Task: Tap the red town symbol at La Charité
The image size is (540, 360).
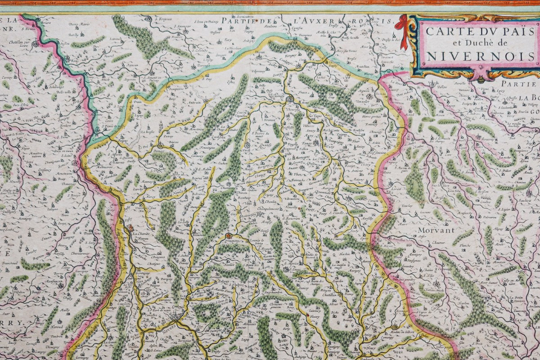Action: click(x=130, y=228)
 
